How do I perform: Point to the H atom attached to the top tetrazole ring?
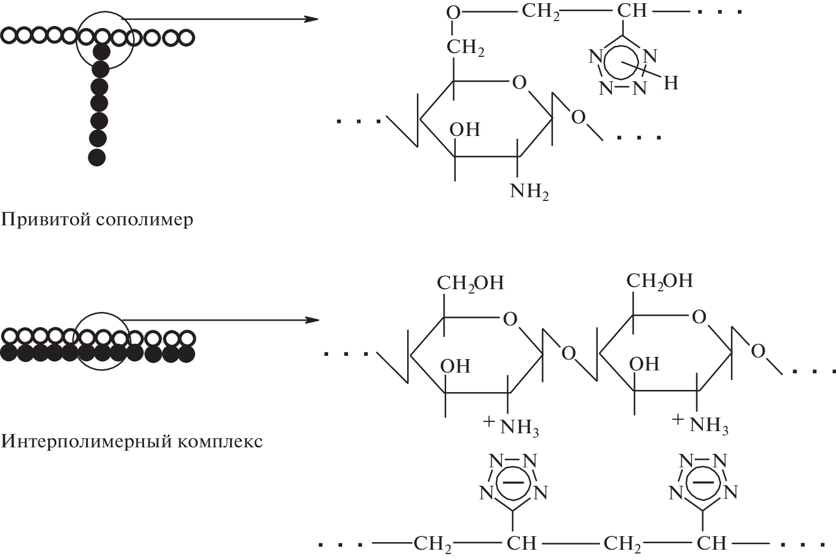[670, 83]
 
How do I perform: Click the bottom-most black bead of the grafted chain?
[97, 157]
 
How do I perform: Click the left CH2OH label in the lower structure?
[470, 283]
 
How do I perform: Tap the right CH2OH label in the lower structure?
[659, 281]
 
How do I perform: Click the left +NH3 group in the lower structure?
[512, 426]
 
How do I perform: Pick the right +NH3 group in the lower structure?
[701, 424]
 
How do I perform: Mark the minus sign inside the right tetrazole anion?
[703, 480]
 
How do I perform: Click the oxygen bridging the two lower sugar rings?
[568, 354]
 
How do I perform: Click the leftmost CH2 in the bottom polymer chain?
[433, 543]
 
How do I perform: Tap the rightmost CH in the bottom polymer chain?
[711, 543]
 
